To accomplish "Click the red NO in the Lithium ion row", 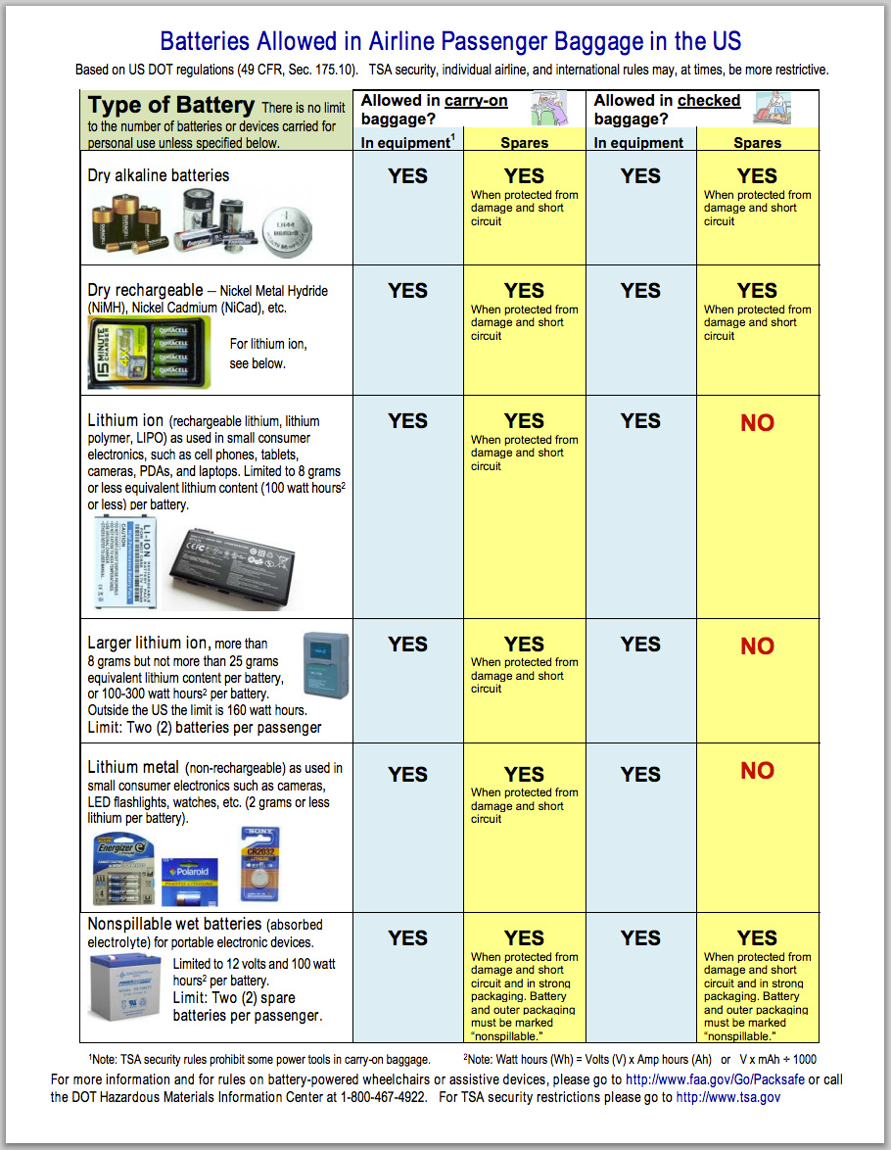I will point(757,423).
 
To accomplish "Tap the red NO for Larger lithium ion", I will point(757,647).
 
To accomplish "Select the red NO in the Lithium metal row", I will point(757,771).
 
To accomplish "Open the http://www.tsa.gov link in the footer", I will point(727,1097).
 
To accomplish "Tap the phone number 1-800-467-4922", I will point(380,1097).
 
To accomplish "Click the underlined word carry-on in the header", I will point(476,101).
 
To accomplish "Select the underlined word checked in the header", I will point(709,101).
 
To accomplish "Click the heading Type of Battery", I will point(171,106).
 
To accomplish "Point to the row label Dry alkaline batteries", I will point(159,175).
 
